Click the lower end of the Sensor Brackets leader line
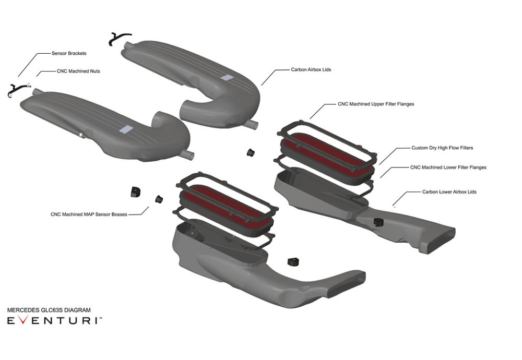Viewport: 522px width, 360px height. tap(18, 76)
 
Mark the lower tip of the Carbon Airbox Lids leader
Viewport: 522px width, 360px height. tap(262, 85)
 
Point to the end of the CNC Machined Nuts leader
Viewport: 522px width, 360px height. tap(37, 76)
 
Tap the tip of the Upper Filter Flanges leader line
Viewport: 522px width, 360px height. tap(310, 118)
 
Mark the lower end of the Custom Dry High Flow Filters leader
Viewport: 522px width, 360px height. tap(379, 164)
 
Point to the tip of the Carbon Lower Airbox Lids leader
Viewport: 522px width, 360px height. tap(393, 205)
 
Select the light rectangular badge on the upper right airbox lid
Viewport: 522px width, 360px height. tap(228, 77)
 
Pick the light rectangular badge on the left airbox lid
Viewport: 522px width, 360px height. tap(126, 129)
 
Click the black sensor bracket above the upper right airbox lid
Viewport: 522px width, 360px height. tap(120, 38)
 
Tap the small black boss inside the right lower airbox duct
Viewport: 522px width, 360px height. tap(378, 222)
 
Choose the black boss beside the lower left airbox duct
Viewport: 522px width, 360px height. tap(293, 261)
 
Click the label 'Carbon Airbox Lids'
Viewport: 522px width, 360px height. tap(311, 69)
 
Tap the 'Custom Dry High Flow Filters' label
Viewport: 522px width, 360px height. tap(442, 148)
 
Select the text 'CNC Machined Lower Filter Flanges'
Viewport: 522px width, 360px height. tap(448, 167)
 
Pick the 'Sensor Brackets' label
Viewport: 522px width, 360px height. tap(69, 53)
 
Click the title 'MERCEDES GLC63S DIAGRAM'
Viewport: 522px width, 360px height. tap(49, 310)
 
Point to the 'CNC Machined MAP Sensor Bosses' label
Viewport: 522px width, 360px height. tap(89, 214)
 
